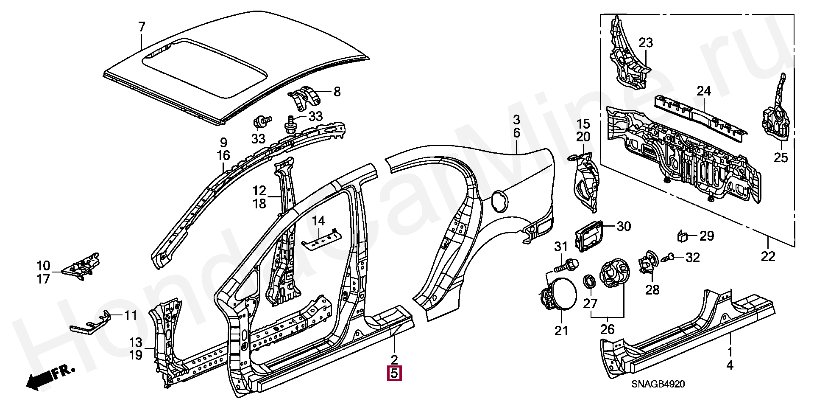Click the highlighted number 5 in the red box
pos(394,374)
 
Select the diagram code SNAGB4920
pos(658,384)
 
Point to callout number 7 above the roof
pos(142,27)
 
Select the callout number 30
pos(624,226)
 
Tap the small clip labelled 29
pos(682,236)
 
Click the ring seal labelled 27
pos(589,281)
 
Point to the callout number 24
pos(704,91)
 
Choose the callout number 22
pos(768,256)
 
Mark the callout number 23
pos(646,43)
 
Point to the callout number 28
pos(652,290)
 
